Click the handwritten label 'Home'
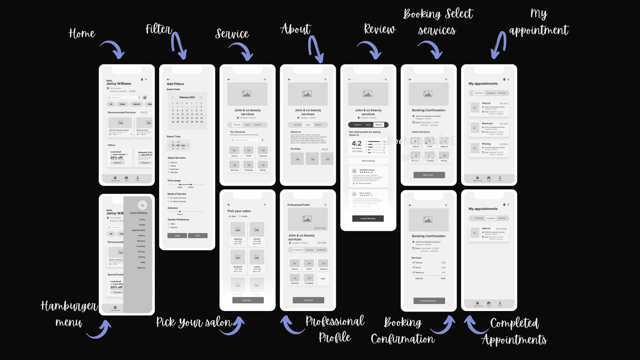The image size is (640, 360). coord(82,34)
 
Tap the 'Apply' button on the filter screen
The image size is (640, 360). coord(177,236)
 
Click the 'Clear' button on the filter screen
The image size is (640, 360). coord(198,236)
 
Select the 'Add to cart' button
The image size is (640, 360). coord(429,175)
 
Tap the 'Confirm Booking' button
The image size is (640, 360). coord(429,301)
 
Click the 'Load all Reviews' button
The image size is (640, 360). coord(368,219)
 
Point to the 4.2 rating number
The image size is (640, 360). coord(357,143)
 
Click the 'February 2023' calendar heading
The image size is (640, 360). coord(187,97)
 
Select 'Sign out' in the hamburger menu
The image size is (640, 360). coord(141,268)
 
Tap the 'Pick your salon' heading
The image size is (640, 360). coord(239,211)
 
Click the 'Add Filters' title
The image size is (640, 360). coord(175,84)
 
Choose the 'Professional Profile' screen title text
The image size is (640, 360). coord(299,205)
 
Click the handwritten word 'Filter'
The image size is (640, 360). coord(158,29)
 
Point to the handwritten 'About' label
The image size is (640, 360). coord(295,29)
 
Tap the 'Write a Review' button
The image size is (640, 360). coord(368,161)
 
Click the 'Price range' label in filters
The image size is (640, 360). coord(174,181)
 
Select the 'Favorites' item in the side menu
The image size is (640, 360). coord(141,246)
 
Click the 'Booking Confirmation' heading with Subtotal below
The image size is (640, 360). coord(429,236)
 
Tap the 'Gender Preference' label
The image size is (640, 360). coord(178,220)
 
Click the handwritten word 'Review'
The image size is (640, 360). coord(380,29)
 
